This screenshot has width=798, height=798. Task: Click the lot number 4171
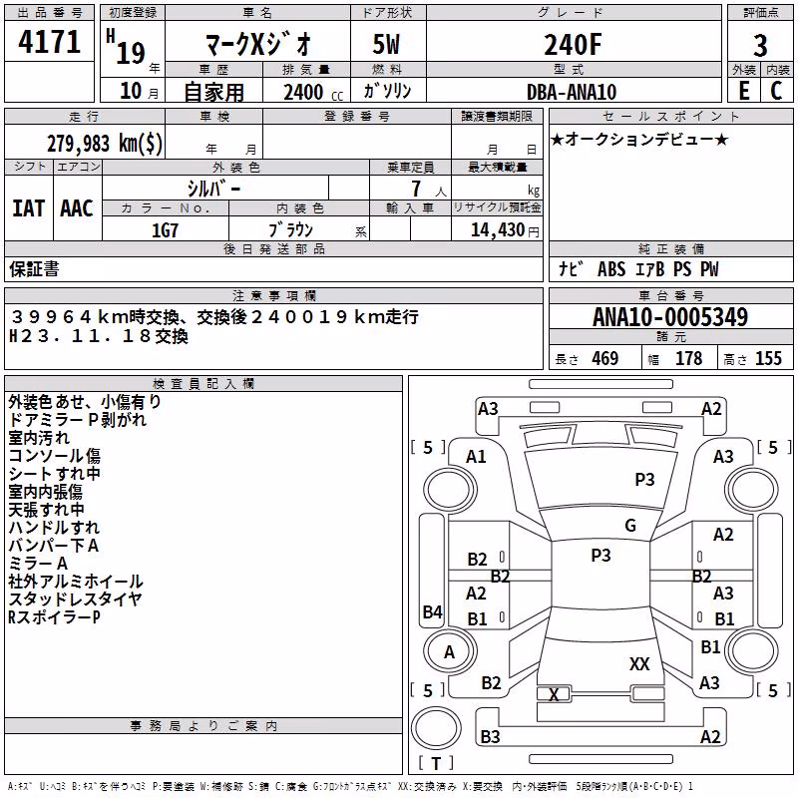pyautogui.click(x=49, y=42)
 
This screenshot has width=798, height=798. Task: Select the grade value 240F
pyautogui.click(x=573, y=45)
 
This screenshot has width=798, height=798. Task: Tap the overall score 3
pyautogui.click(x=760, y=46)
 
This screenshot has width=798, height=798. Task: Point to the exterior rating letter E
pyautogui.click(x=743, y=91)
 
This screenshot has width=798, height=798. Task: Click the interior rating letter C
pyautogui.click(x=776, y=91)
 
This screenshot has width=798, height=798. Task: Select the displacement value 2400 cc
pyautogui.click(x=313, y=92)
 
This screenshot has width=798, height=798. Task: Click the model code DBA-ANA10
pyautogui.click(x=572, y=92)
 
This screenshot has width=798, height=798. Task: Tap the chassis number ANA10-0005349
pyautogui.click(x=670, y=317)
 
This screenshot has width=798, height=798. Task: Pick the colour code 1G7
pyautogui.click(x=165, y=230)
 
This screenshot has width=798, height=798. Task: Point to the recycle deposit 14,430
pyautogui.click(x=497, y=230)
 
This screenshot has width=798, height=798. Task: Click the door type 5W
pyautogui.click(x=386, y=44)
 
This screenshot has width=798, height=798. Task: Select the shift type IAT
pyautogui.click(x=28, y=208)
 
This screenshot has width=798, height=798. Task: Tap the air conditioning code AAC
pyautogui.click(x=77, y=208)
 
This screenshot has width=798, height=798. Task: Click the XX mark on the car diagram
pyautogui.click(x=639, y=663)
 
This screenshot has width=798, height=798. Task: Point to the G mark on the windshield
pyautogui.click(x=630, y=526)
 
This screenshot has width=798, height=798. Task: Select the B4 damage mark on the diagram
pyautogui.click(x=432, y=611)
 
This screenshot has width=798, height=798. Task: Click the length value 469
pyautogui.click(x=605, y=358)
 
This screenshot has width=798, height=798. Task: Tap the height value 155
pyautogui.click(x=768, y=358)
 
